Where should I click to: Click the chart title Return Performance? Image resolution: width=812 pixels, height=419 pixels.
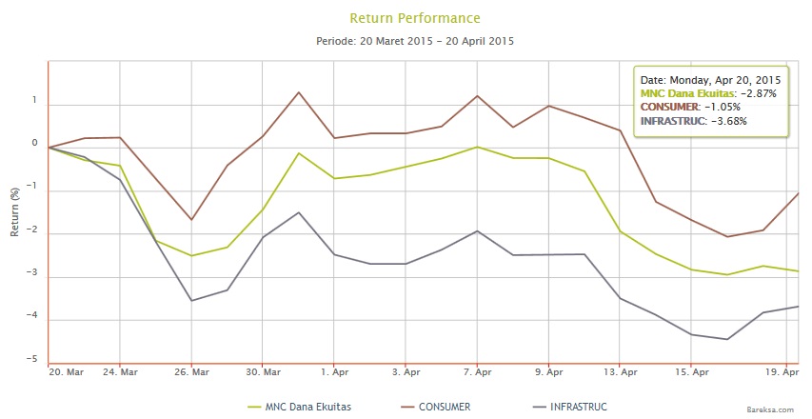coord(415,18)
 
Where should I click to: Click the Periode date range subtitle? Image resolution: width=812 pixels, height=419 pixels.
coord(415,42)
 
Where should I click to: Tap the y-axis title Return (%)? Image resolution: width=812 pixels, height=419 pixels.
coord(13,211)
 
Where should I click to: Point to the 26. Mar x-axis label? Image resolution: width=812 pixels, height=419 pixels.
coord(191,371)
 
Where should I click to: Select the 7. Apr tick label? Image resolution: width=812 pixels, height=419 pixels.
coord(477,371)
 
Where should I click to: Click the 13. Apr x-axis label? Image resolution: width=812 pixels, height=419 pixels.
coord(620,371)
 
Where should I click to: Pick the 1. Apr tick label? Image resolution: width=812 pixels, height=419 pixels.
coord(334,371)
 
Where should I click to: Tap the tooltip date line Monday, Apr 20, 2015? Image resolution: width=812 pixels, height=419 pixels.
coord(711,79)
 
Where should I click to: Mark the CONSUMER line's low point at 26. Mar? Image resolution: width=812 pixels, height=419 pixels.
coord(191,220)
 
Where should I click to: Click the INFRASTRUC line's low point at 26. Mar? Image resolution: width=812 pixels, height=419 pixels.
coord(191,301)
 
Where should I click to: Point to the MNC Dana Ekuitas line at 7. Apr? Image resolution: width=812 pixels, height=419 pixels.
coord(477,147)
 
